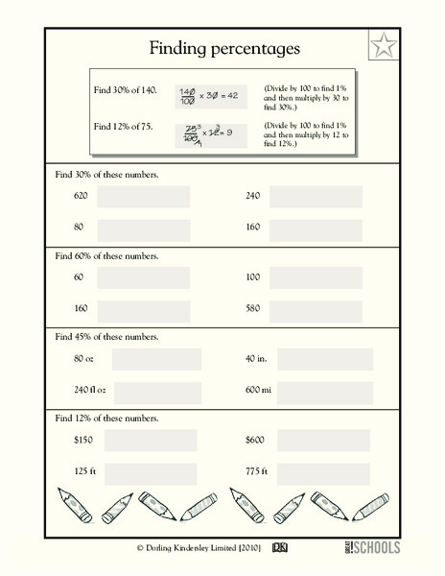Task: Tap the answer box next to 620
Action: [144, 197]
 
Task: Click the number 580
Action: [254, 309]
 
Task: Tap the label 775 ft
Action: [257, 472]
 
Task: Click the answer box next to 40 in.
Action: [326, 360]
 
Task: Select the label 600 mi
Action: [259, 391]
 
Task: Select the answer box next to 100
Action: [316, 277]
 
